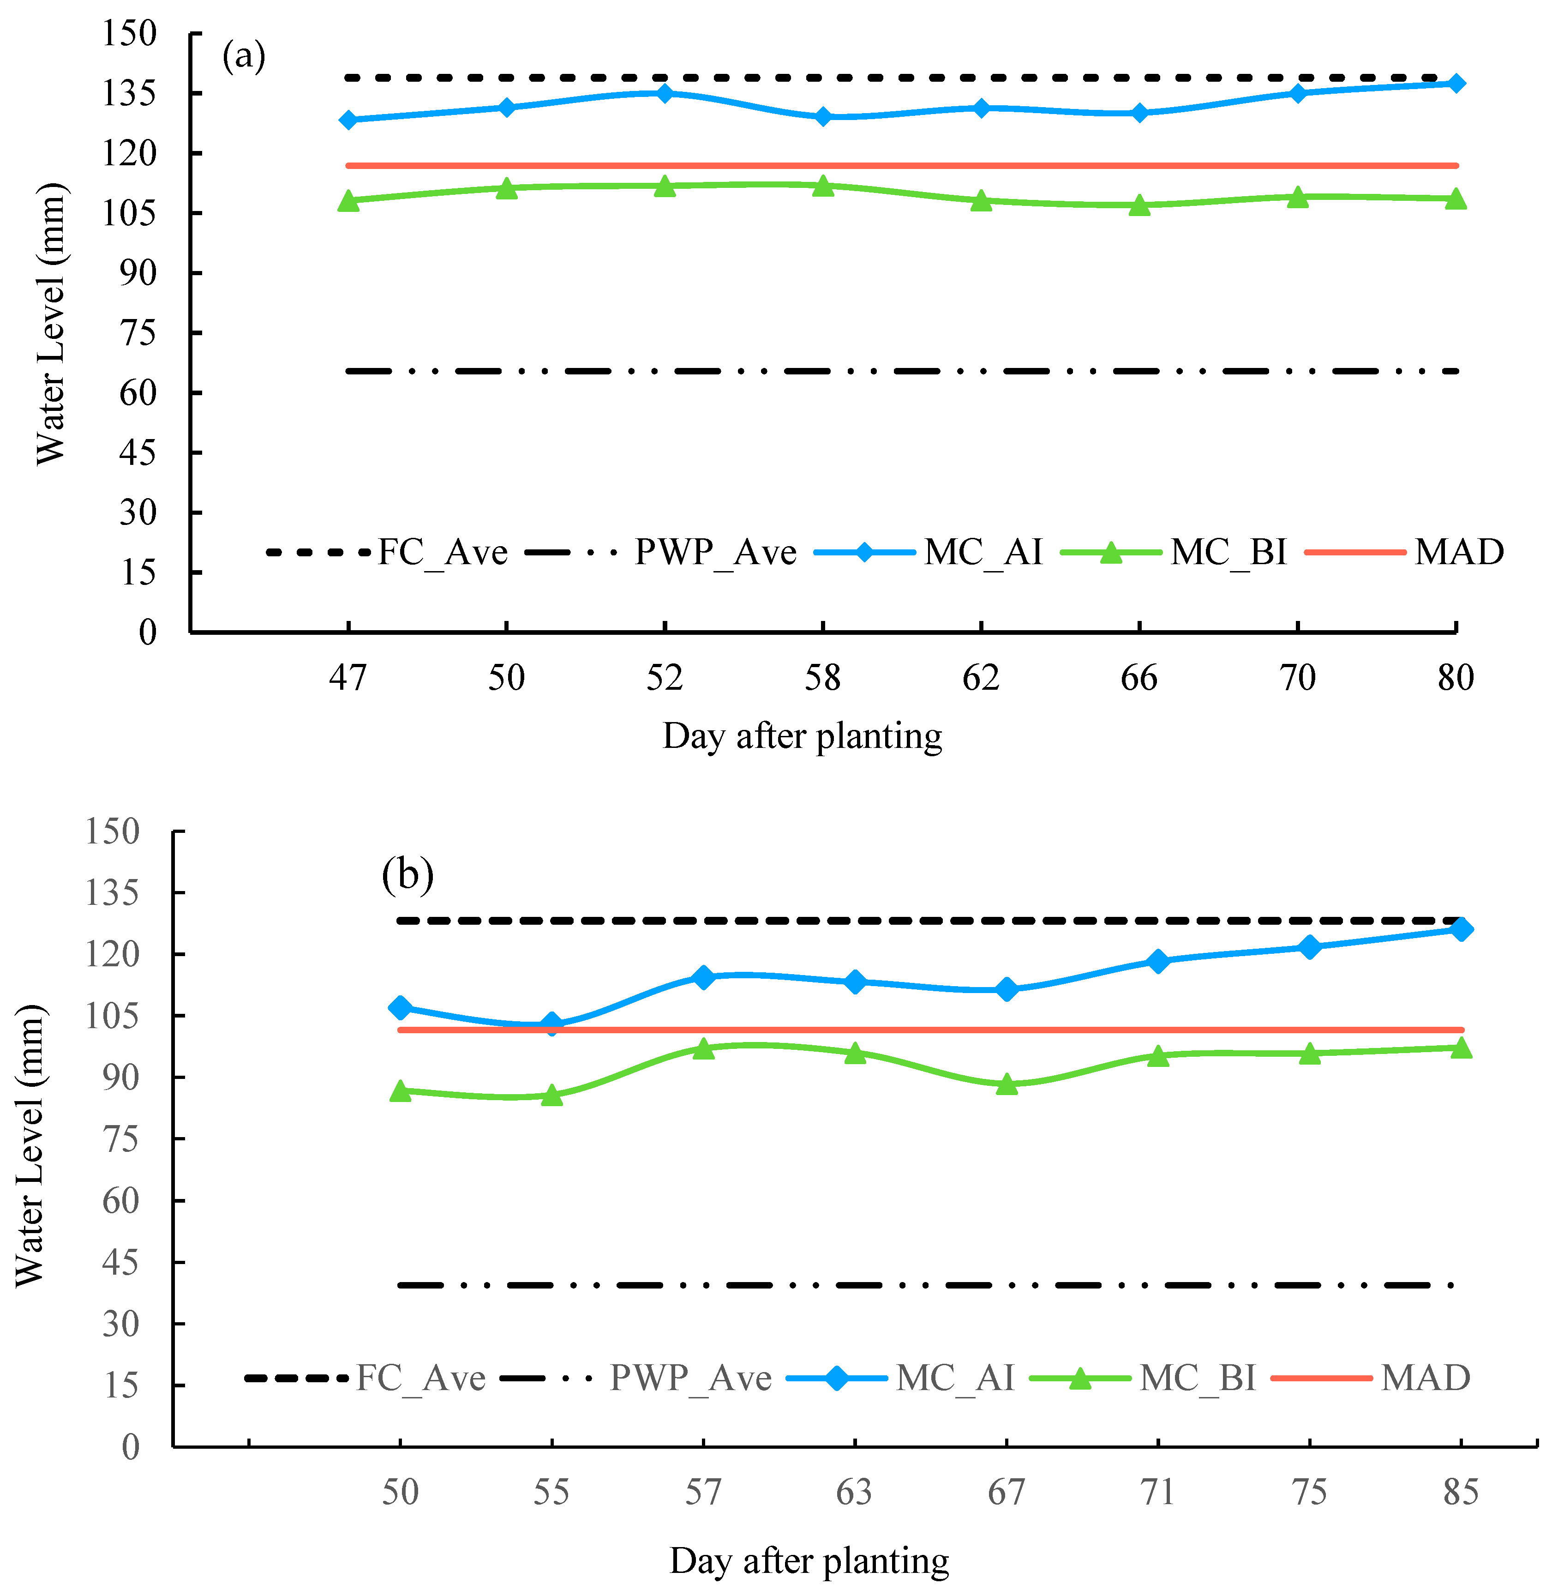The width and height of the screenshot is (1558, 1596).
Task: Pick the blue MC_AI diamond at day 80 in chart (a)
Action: [x=1456, y=84]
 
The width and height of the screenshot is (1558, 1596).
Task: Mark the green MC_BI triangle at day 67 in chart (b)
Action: [x=1007, y=1084]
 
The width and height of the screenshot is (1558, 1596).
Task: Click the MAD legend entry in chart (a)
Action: [x=1459, y=553]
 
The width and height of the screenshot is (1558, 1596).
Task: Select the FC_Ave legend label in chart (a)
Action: [x=442, y=553]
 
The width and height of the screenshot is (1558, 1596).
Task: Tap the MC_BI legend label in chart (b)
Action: [x=1197, y=1378]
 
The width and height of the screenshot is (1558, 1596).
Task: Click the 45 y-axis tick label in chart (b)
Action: [x=120, y=1263]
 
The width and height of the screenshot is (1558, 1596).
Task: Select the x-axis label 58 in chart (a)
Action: [x=822, y=678]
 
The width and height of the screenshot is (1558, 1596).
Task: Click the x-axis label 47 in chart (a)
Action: [x=348, y=678]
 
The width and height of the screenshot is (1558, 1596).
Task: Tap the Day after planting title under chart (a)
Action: [x=802, y=736]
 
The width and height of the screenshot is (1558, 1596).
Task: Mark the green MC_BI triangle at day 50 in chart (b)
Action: [x=400, y=1091]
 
